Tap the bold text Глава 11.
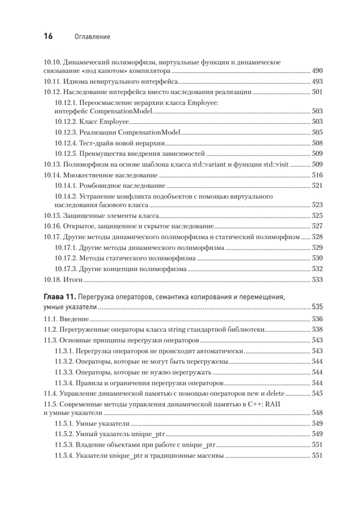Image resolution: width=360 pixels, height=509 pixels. point(60,296)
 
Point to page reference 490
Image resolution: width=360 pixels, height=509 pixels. point(317,71)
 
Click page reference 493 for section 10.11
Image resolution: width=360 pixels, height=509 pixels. point(317,81)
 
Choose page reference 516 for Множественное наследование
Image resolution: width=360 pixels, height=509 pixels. point(317,175)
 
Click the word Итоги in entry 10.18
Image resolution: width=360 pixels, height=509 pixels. point(73,280)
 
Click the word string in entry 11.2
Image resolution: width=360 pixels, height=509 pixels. point(180,330)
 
